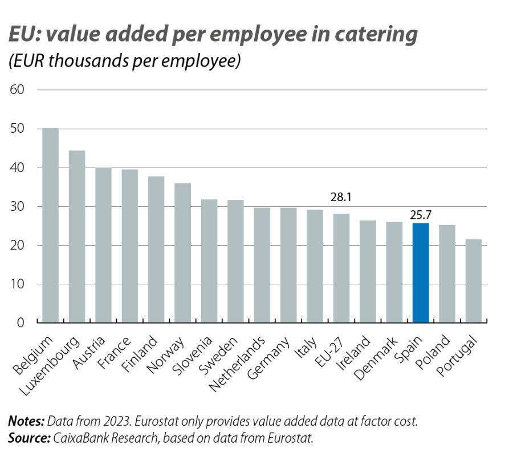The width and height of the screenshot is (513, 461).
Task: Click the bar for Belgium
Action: coord(51,225)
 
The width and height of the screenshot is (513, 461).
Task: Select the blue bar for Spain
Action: coord(421,273)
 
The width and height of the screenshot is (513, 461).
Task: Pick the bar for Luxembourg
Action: coord(77,236)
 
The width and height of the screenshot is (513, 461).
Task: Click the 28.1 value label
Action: coord(341,197)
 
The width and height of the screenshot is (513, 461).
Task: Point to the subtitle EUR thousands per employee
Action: coord(124,62)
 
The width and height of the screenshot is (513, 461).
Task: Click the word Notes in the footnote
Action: coord(26,422)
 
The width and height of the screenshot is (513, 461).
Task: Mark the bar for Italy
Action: coord(315,266)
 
